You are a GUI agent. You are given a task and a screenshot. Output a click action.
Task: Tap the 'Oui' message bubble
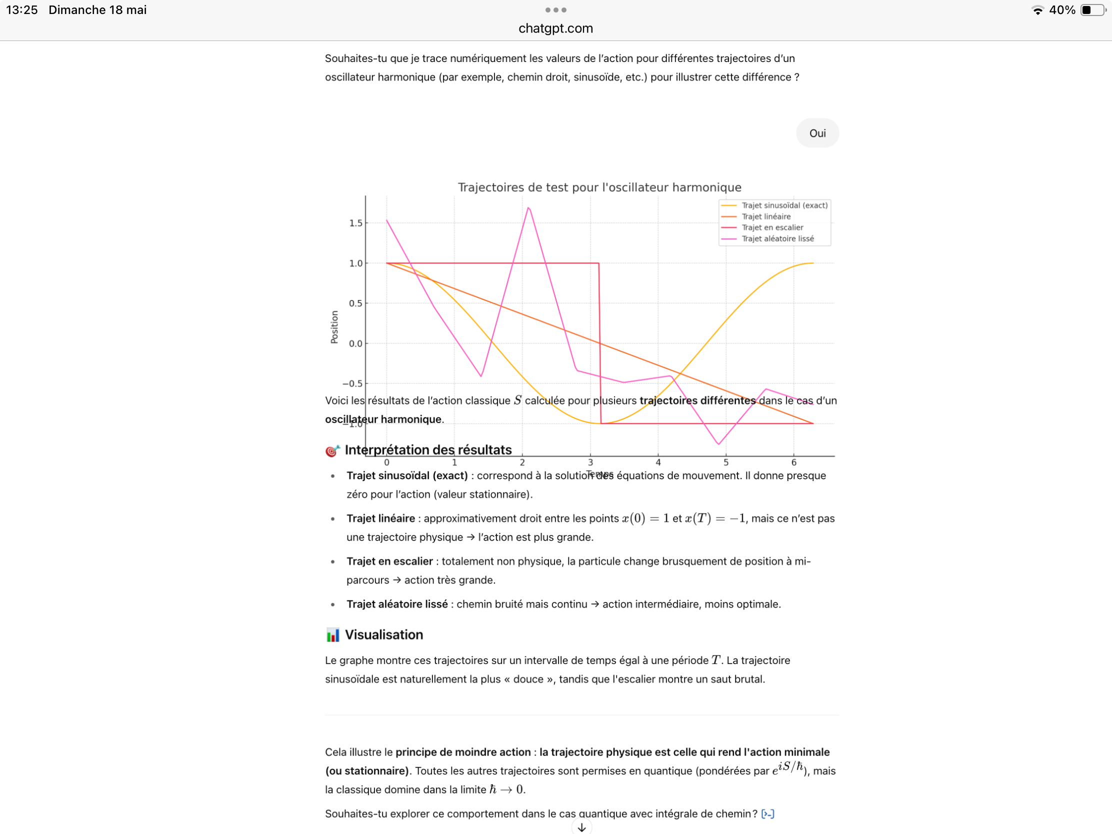[x=817, y=133]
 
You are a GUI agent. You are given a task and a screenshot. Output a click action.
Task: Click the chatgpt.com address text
[x=555, y=28]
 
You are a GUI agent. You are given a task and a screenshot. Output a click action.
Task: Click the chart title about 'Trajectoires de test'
[x=599, y=187]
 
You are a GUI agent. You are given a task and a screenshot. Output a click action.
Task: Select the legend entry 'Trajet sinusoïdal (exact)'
[x=783, y=205]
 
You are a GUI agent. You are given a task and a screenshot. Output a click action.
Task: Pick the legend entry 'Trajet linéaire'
[x=765, y=216]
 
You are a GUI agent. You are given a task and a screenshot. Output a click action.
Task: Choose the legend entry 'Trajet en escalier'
[x=772, y=227]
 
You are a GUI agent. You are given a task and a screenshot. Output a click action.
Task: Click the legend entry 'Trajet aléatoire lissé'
[x=777, y=239]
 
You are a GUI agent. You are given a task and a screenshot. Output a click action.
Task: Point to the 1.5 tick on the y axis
[x=356, y=223]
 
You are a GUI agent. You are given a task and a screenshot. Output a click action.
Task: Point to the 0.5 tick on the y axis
[x=356, y=303]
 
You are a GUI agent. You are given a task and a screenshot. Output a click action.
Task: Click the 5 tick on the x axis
[x=725, y=462]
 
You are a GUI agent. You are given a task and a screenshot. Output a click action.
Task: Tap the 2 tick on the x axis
[x=522, y=462]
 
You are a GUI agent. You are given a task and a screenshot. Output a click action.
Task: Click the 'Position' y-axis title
[x=334, y=327]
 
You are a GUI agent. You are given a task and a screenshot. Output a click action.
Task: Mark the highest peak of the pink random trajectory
[x=528, y=208]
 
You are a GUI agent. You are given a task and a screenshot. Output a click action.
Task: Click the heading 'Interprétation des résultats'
[x=428, y=450]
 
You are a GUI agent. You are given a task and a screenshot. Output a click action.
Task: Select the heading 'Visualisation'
[x=383, y=635]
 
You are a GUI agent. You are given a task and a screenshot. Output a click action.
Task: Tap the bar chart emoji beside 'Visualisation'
[x=332, y=635]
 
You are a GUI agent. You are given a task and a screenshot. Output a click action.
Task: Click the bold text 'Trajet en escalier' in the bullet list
[x=389, y=561]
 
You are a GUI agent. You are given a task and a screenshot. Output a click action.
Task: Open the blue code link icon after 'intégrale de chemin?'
[x=767, y=814]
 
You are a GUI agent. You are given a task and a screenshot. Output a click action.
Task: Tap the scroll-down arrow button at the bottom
[x=581, y=827]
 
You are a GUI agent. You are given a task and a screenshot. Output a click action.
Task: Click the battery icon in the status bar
[x=1092, y=10]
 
